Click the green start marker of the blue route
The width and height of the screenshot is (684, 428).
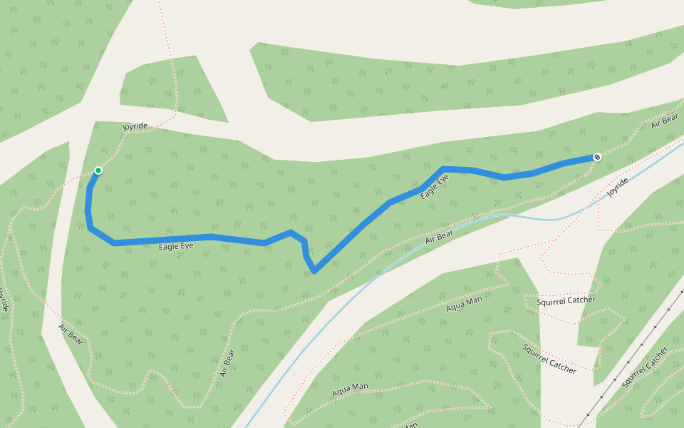pos(98,170)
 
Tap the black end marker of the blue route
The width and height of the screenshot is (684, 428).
pos(597,157)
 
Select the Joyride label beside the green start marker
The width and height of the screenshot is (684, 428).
pos(135,126)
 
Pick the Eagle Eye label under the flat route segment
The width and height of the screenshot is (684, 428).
pos(176,246)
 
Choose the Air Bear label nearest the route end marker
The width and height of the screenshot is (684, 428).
pos(664,121)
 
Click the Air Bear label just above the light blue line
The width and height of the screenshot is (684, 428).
pos(439,238)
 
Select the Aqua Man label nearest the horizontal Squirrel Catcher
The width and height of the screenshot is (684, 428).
pos(464,304)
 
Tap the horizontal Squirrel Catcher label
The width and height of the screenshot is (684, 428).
pos(566,300)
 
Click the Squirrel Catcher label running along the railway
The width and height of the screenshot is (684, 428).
pos(644,367)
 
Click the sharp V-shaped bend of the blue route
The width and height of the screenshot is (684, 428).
pos(314,271)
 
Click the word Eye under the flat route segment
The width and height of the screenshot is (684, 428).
pos(186,245)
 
